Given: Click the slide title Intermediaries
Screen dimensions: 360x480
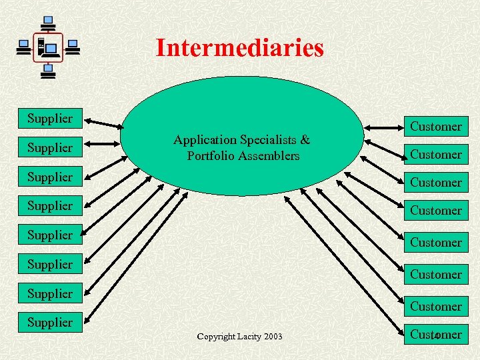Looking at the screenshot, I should point(239,47).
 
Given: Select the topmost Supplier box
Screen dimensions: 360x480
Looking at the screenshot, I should point(50,119).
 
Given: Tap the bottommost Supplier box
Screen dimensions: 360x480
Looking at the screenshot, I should point(50,323).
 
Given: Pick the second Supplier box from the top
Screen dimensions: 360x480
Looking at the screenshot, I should point(50,147).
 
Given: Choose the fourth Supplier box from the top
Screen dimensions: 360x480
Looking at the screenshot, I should point(50,206).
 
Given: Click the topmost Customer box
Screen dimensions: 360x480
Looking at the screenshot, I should point(436,126).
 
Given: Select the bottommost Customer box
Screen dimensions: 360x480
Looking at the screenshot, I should point(436,334).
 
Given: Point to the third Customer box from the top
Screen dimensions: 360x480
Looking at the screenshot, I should point(436,182).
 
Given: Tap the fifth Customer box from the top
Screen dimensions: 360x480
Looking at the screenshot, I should point(436,242).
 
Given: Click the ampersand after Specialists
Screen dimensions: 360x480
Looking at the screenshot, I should point(305,140).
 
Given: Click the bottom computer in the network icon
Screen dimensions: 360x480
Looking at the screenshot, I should point(48,71).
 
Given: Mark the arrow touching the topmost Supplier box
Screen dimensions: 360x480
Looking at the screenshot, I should point(104,123).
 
